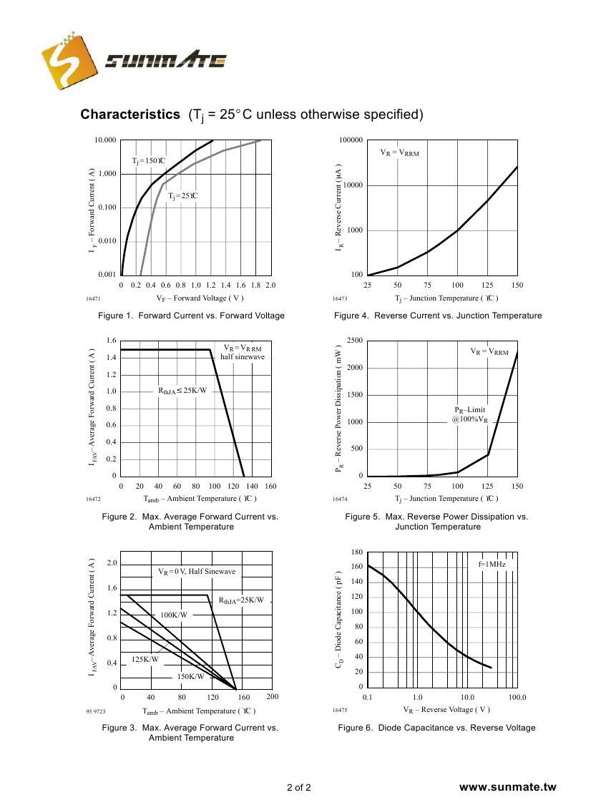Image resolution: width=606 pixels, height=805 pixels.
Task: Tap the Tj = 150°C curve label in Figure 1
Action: click(149, 161)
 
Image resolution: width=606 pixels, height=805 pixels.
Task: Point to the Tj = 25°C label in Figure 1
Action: click(182, 196)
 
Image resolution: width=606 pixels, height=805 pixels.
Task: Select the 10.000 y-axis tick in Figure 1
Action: click(105, 140)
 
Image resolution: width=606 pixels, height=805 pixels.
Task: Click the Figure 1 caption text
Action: click(191, 316)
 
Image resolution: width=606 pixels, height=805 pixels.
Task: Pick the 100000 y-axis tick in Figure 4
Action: click(351, 140)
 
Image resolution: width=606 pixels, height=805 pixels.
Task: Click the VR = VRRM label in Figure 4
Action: click(399, 152)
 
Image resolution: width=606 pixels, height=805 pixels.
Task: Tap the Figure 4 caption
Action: click(437, 316)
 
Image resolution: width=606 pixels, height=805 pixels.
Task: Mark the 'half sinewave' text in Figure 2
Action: click(242, 357)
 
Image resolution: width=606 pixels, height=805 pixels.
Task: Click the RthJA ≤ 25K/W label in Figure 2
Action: click(182, 391)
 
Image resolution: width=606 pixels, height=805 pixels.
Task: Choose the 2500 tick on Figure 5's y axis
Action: click(354, 341)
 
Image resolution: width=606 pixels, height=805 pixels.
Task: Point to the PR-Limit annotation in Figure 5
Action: click(470, 410)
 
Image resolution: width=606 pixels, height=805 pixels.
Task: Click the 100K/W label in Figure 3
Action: click(174, 615)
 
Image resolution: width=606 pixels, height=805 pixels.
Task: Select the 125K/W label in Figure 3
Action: click(145, 659)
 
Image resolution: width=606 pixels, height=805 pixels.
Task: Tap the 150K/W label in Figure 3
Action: click(190, 676)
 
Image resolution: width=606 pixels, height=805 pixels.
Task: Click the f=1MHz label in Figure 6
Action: click(492, 565)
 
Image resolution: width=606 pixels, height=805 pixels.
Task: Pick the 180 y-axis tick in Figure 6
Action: click(357, 552)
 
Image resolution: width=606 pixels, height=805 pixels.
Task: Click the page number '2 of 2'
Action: click(298, 789)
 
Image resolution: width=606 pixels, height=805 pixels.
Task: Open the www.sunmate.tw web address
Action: click(507, 787)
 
